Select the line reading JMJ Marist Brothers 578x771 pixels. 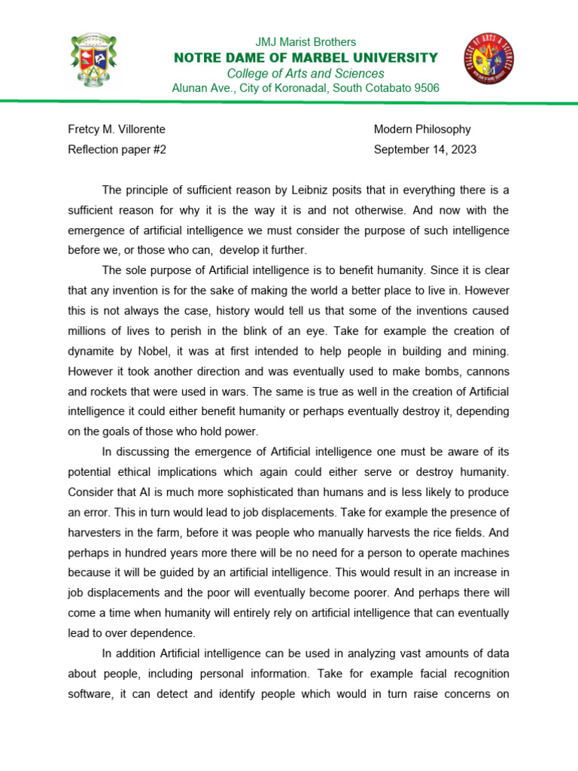(x=306, y=42)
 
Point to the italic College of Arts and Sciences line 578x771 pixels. (x=306, y=73)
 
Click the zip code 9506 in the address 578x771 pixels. (x=425, y=88)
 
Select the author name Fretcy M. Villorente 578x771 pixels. (x=117, y=130)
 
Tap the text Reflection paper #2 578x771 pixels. (x=117, y=149)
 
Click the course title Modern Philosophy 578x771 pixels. (x=422, y=130)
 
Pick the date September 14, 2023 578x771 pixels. (x=425, y=149)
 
